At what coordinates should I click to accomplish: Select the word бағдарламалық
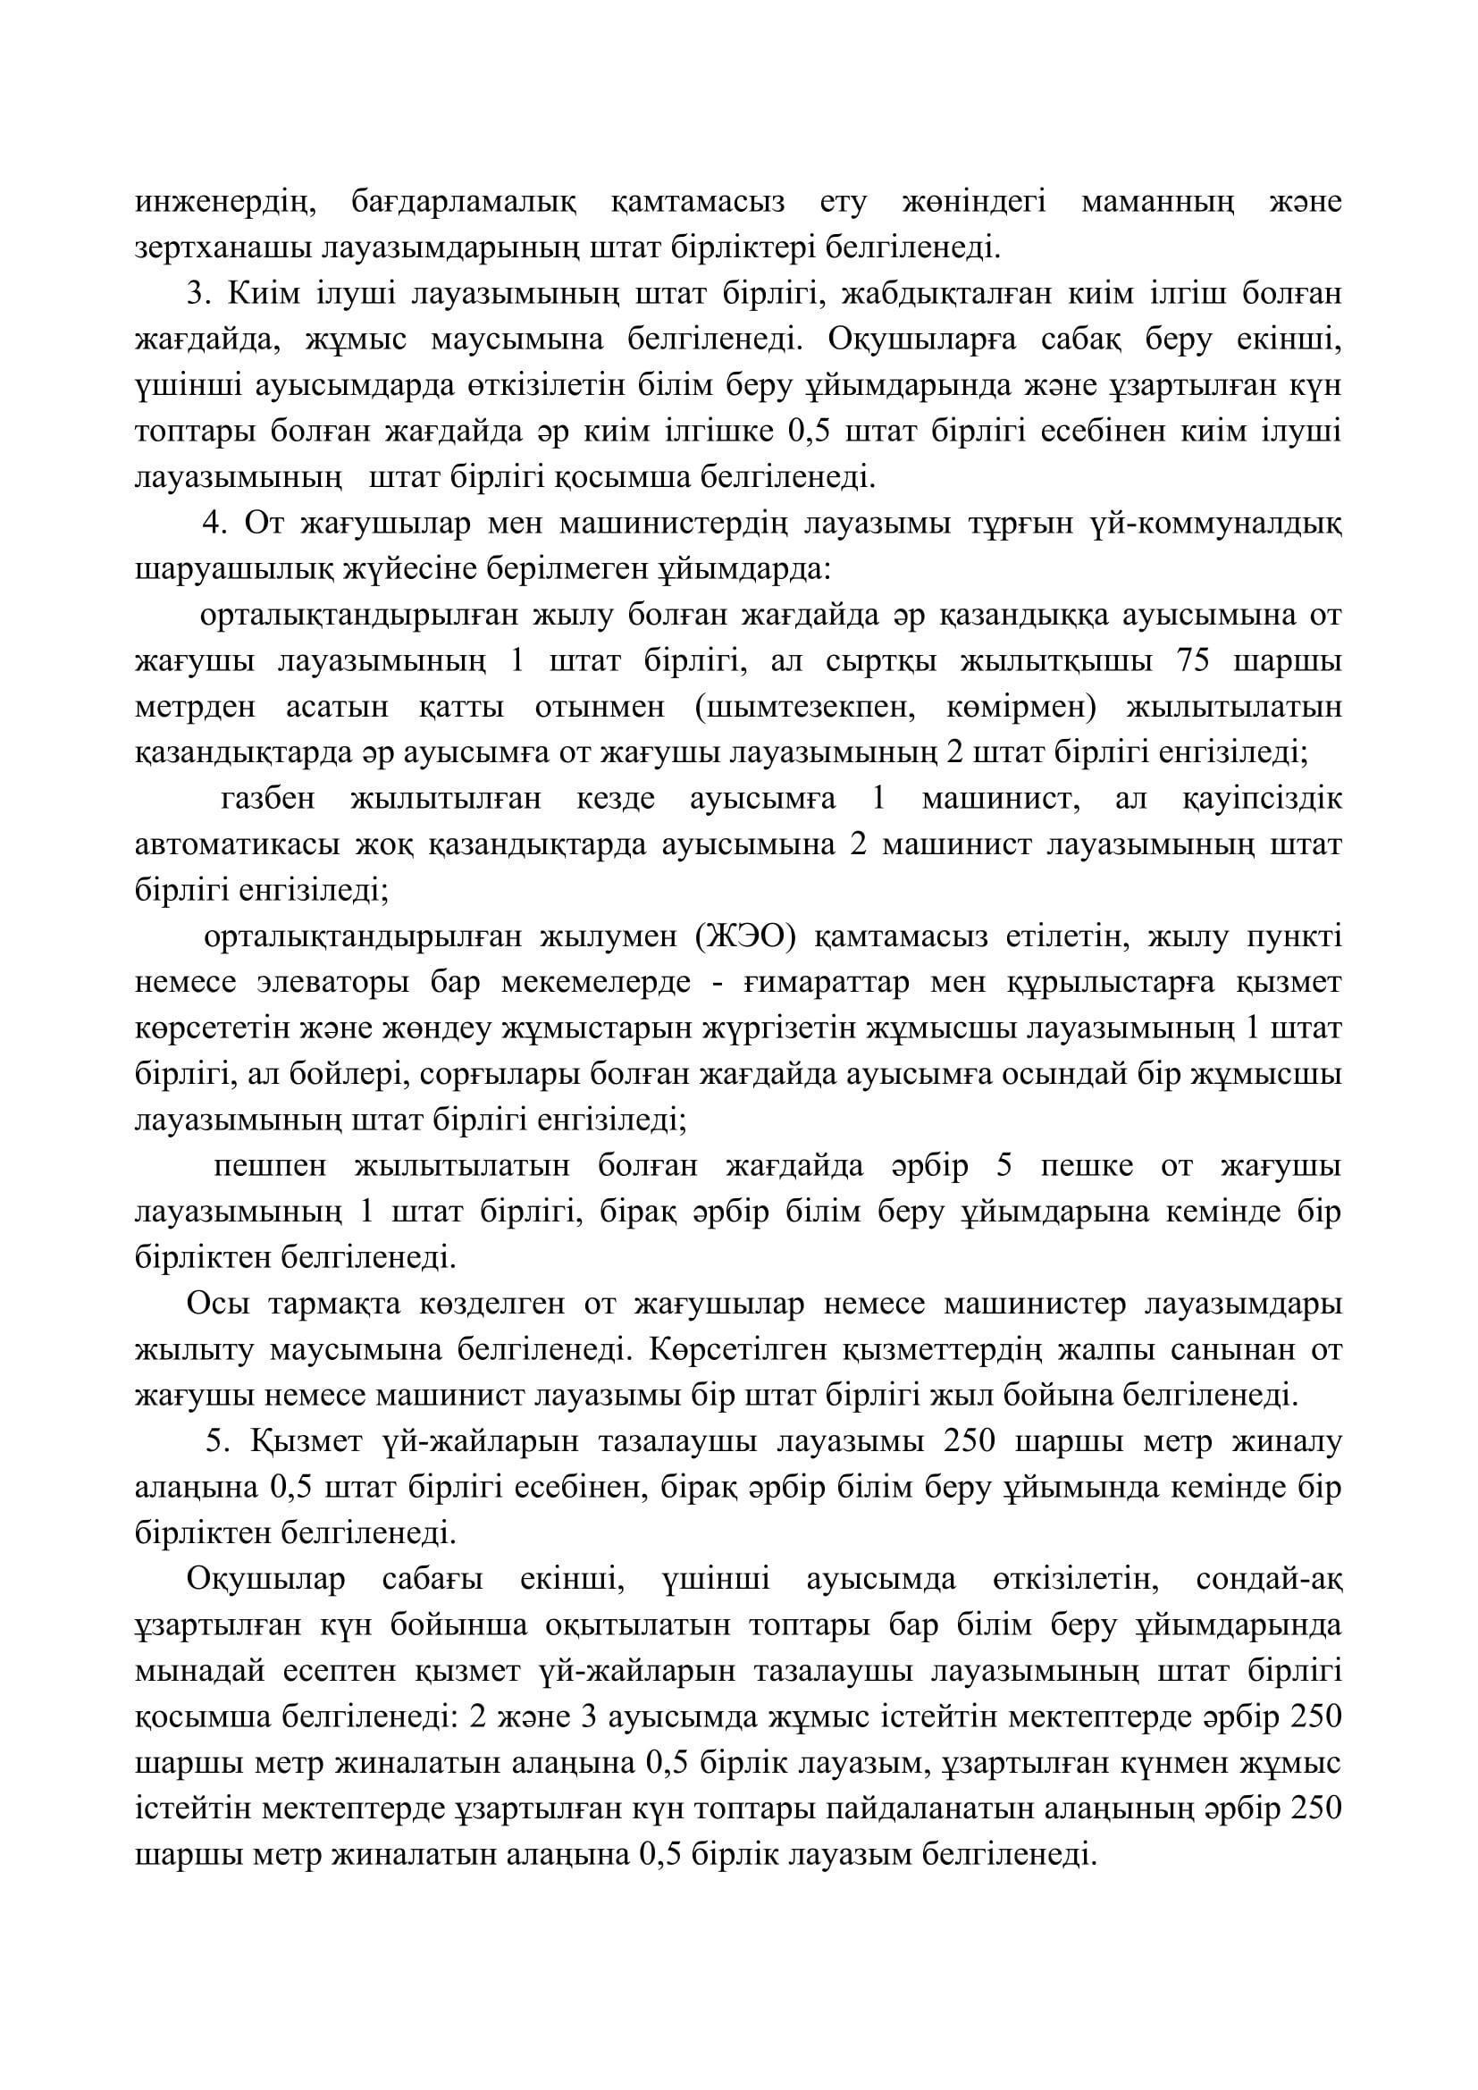click(x=464, y=202)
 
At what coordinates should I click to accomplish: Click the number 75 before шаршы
click(x=1193, y=662)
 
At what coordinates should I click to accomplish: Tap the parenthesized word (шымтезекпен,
click(x=803, y=709)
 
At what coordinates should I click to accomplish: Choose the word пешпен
click(x=265, y=1167)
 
